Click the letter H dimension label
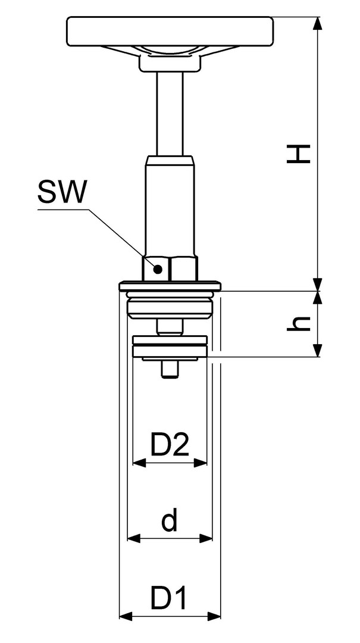pyautogui.click(x=298, y=154)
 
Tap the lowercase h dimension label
pyautogui.click(x=298, y=323)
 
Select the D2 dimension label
pyautogui.click(x=170, y=445)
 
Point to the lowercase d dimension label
pyautogui.click(x=170, y=519)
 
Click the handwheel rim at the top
pyautogui.click(x=170, y=31)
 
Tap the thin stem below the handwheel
pyautogui.click(x=170, y=114)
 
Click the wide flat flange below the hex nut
pyautogui.click(x=170, y=286)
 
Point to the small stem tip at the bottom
pyautogui.click(x=170, y=370)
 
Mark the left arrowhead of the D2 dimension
pyautogui.click(x=139, y=463)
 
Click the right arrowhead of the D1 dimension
pyautogui.click(x=214, y=616)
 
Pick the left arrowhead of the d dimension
pyautogui.click(x=134, y=538)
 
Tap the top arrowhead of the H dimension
pyautogui.click(x=317, y=23)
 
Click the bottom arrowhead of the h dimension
pyautogui.click(x=317, y=351)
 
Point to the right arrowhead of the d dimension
pyautogui.click(x=206, y=538)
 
